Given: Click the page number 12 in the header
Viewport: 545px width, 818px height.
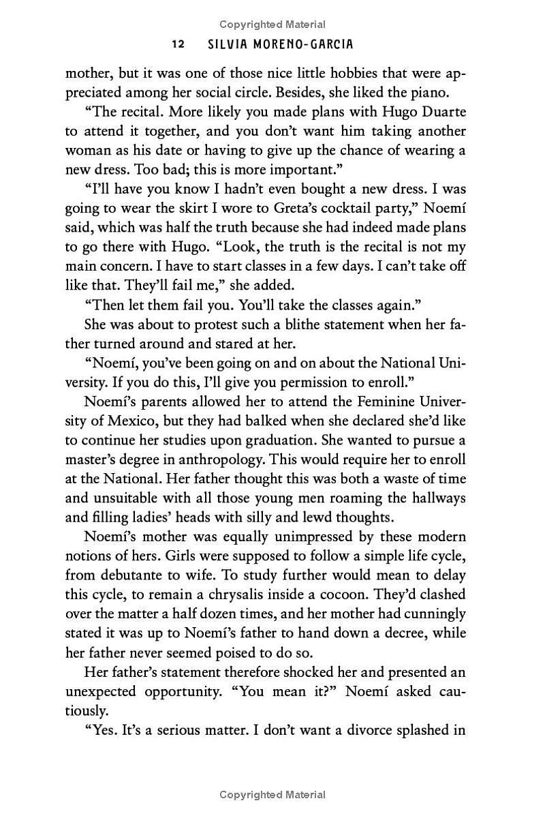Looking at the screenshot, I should [178, 44].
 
